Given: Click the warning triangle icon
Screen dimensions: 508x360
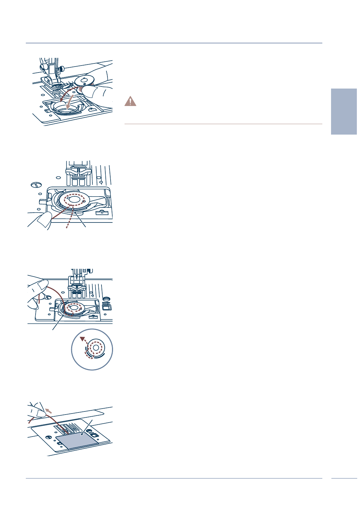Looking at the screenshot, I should [x=130, y=101].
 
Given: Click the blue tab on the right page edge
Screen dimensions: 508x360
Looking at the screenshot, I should [x=344, y=111].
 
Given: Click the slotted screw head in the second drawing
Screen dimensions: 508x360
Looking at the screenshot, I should [x=35, y=184].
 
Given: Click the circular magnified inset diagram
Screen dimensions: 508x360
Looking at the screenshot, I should [x=92, y=349].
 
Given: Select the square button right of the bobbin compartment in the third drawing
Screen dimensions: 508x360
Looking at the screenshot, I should [x=107, y=307].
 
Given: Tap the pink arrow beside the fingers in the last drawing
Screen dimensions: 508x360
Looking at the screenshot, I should [x=48, y=410].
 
